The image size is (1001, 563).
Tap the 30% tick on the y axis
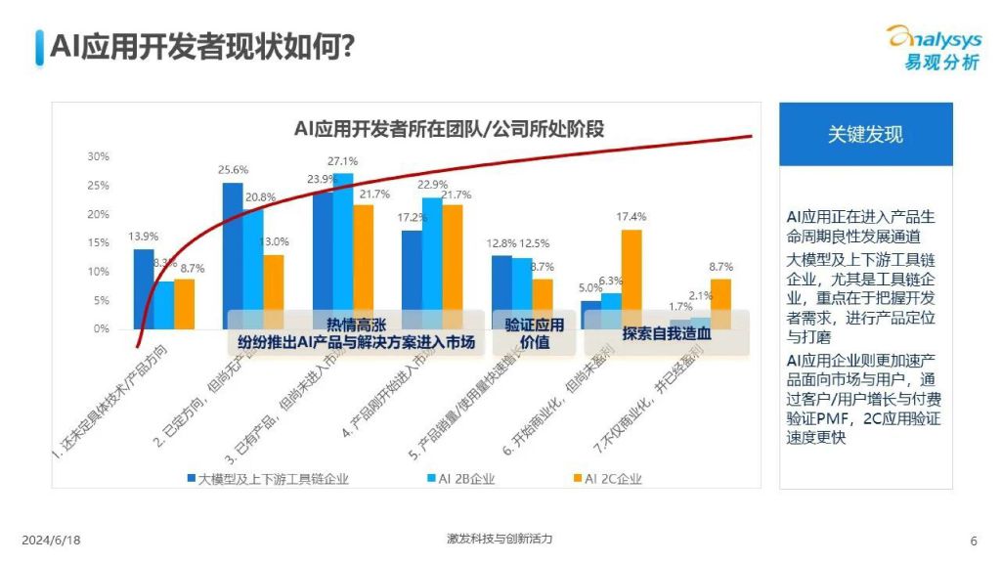pyautogui.click(x=99, y=156)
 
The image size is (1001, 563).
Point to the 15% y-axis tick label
pyautogui.click(x=99, y=243)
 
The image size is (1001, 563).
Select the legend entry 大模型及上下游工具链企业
pyautogui.click(x=268, y=479)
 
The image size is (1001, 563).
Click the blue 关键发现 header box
pyautogui.click(x=865, y=135)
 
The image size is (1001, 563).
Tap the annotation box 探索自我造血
pyautogui.click(x=666, y=332)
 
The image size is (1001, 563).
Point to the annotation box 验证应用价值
pyautogui.click(x=534, y=332)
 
